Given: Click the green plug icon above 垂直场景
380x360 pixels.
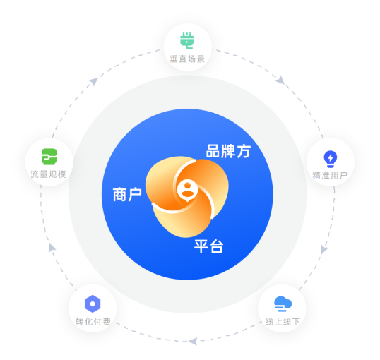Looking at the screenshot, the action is click(187, 40).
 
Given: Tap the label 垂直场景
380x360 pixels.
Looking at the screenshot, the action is click(187, 59).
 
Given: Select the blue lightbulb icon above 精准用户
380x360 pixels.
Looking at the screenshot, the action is click(331, 159).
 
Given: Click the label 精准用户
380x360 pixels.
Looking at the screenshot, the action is click(330, 175).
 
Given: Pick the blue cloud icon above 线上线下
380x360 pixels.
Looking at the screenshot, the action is click(283, 304).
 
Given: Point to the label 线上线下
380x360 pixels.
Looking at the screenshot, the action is click(283, 322).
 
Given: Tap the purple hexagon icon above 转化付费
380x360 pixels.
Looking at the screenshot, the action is click(93, 304).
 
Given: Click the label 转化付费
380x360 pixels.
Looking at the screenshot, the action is click(93, 322).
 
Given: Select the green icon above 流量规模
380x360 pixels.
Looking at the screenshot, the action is click(49, 157).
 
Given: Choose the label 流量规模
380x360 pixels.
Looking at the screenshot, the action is click(48, 174).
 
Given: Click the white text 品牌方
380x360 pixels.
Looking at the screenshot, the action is click(228, 151).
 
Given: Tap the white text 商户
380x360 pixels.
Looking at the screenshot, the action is click(127, 194).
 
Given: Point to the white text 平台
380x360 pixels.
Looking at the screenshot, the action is click(208, 246).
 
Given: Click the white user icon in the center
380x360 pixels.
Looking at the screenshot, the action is click(187, 191).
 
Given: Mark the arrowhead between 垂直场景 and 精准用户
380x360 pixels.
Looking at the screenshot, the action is click(281, 80).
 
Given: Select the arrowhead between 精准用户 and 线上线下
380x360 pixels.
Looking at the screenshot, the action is click(324, 249).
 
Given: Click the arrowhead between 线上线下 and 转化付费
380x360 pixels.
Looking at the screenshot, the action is click(193, 342).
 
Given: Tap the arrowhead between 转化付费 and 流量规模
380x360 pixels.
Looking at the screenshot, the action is click(52, 248).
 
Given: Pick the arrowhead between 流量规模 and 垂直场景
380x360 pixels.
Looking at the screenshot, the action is click(94, 81).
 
